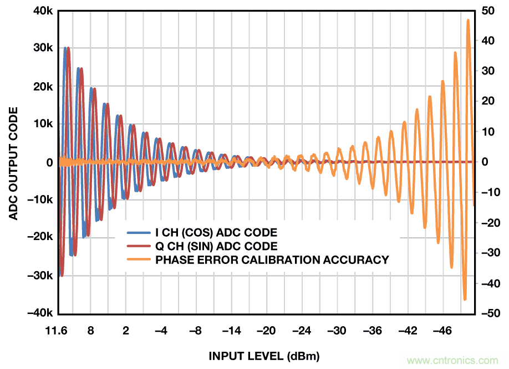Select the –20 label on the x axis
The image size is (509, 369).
point(267,331)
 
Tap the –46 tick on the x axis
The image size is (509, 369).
point(442,331)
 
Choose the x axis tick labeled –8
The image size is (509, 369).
point(196,331)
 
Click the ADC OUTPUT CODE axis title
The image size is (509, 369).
point(14,162)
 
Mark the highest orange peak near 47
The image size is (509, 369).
point(468,21)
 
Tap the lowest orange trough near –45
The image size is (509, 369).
point(465,299)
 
